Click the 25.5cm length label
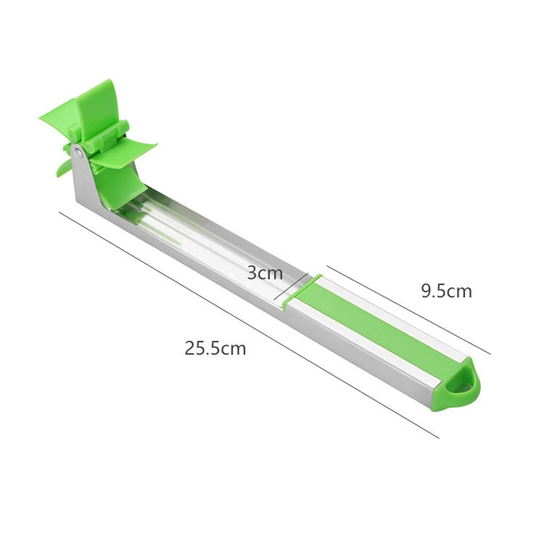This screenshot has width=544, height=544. coord(215,349)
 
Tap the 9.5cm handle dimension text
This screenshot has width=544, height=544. coord(446,292)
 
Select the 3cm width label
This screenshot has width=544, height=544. coord(265,273)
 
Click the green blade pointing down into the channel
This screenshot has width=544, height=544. coord(120,187)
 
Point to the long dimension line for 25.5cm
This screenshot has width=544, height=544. coord(245,323)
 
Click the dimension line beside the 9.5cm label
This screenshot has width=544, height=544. coord(408,309)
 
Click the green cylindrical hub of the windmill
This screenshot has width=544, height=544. coord(102,139)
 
